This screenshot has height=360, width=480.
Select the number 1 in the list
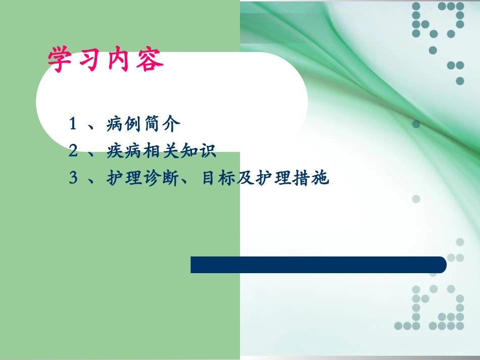pyautogui.click(x=73, y=124)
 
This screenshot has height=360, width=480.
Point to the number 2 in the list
pyautogui.click(x=73, y=150)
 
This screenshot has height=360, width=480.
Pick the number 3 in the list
pyautogui.click(x=73, y=178)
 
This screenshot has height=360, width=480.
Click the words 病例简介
pyautogui.click(x=143, y=124)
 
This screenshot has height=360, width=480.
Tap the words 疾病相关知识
pyautogui.click(x=161, y=151)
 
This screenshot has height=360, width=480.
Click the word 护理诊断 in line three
pyautogui.click(x=143, y=178)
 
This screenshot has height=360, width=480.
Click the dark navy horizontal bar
pyautogui.click(x=318, y=265)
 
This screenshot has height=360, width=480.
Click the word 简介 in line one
pyautogui.click(x=161, y=124)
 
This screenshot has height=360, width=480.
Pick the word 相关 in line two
pyautogui.click(x=161, y=151)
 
